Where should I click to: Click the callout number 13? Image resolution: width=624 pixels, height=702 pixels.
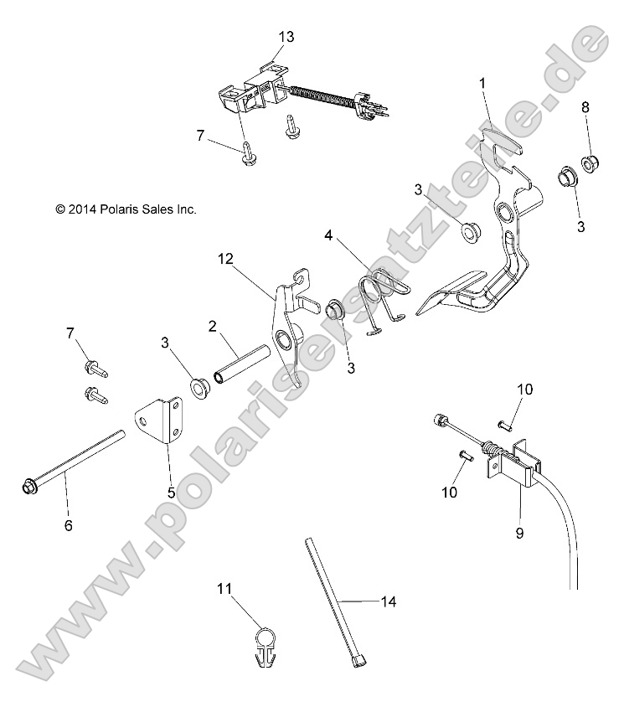click(287, 37)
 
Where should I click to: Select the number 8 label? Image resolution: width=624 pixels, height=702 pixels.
click(585, 107)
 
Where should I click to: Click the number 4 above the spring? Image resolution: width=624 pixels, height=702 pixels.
click(329, 237)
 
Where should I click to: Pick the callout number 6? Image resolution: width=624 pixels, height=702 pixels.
click(69, 525)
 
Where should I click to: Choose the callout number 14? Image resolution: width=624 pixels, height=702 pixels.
click(387, 601)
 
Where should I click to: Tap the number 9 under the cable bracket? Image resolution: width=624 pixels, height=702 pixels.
click(519, 532)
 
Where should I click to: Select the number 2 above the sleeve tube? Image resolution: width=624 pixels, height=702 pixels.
click(213, 325)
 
